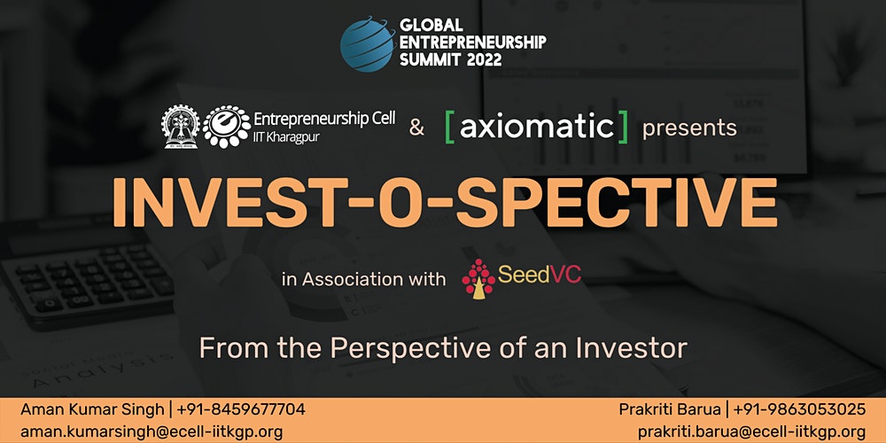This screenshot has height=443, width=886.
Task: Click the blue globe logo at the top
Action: pos(368,43)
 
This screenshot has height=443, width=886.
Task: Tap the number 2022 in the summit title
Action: pos(485,59)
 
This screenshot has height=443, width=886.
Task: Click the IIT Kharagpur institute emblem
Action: pos(180,127)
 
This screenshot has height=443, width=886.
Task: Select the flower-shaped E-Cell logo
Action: pos(227,127)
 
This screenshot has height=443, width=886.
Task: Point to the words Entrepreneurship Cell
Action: pos(324,120)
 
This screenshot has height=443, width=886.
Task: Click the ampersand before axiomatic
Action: pos(416,128)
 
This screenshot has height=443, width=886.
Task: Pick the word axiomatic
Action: pos(536,127)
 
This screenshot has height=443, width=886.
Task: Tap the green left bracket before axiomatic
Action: pos(450,127)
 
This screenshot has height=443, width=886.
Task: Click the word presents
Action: pos(689,128)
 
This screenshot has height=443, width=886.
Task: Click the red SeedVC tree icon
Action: pos(478,278)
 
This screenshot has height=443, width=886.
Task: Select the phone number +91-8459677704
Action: pos(241,409)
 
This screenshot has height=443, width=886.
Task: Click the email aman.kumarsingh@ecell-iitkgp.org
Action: pos(152,431)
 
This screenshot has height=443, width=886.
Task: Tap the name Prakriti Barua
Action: pos(670,409)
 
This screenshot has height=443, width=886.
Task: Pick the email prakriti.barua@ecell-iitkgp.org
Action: pos(752,431)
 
